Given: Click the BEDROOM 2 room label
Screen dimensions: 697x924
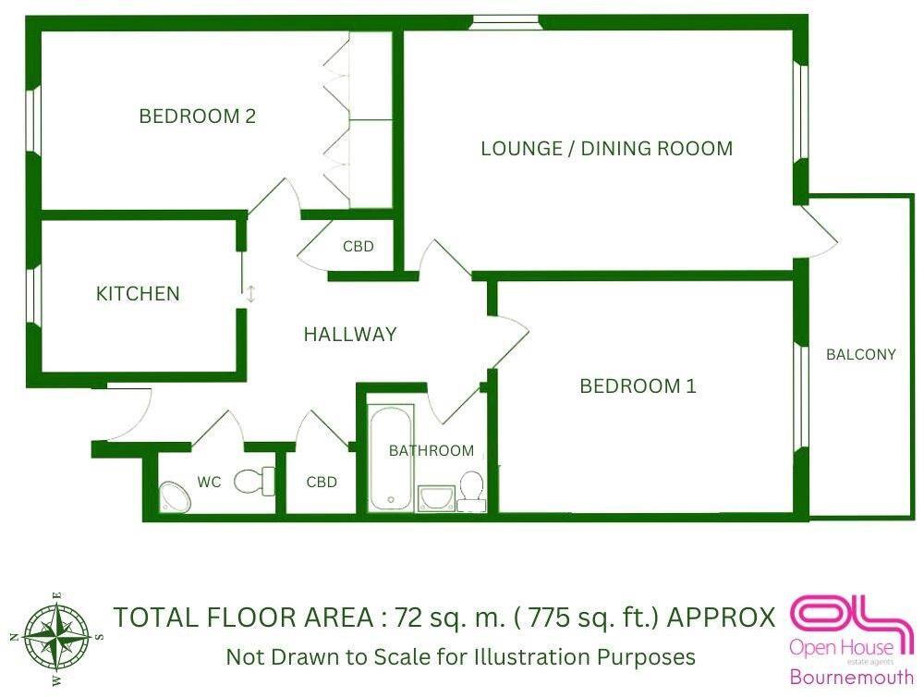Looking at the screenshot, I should [197, 116].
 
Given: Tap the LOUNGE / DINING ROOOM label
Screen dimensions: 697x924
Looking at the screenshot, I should [606, 148].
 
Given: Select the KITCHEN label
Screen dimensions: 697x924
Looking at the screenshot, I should [138, 294].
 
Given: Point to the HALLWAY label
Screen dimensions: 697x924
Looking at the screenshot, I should [350, 335].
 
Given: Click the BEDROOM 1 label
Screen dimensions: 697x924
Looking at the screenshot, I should [638, 386].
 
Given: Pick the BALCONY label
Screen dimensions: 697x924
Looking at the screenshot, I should [860, 354].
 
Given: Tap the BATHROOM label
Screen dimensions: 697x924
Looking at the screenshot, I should [431, 451].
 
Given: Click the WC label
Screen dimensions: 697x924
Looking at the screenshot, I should [209, 483].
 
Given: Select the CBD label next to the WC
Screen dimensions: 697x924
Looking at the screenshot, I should [322, 483].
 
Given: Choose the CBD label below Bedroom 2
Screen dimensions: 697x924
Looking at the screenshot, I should [358, 247].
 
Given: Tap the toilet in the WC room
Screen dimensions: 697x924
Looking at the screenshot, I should [255, 481].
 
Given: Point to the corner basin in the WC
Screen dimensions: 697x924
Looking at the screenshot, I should [174, 497].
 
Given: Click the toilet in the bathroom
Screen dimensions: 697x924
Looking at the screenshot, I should [471, 491].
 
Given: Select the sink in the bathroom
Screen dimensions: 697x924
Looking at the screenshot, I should [435, 499].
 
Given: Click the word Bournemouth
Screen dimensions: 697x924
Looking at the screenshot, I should [850, 676].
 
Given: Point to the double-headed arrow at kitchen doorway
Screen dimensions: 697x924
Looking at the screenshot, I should [250, 294].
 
